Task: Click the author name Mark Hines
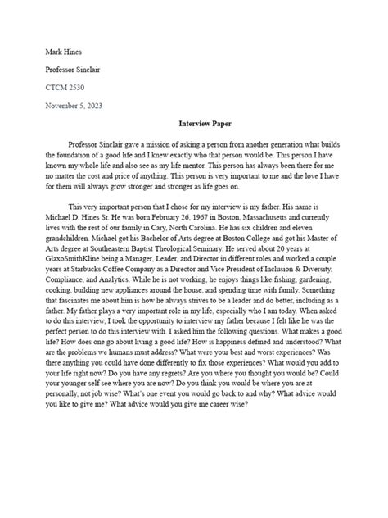63,52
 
